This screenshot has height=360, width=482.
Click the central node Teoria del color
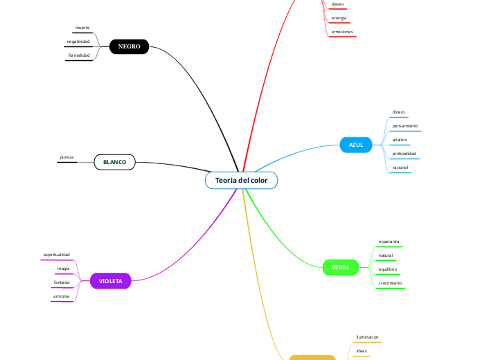(241, 180)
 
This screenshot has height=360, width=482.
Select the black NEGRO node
(129, 46)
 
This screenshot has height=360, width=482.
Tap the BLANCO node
(114, 162)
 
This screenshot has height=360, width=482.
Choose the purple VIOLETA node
(110, 281)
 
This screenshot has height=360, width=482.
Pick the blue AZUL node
(356, 145)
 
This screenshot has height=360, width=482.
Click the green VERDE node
(340, 267)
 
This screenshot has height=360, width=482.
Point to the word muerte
(82, 28)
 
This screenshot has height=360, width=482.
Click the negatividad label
(78, 42)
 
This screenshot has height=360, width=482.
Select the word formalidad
(79, 55)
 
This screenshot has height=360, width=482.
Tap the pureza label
(67, 157)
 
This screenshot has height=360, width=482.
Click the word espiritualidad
(57, 255)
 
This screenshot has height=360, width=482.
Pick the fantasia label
(62, 282)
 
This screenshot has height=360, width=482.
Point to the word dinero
(399, 111)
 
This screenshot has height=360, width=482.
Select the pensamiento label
(405, 126)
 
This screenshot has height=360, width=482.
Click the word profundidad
(404, 153)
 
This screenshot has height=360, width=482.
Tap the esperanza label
(389, 242)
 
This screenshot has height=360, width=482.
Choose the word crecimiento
(391, 282)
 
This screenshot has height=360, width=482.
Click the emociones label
(343, 32)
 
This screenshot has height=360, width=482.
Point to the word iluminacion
(367, 337)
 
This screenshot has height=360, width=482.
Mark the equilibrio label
(388, 269)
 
